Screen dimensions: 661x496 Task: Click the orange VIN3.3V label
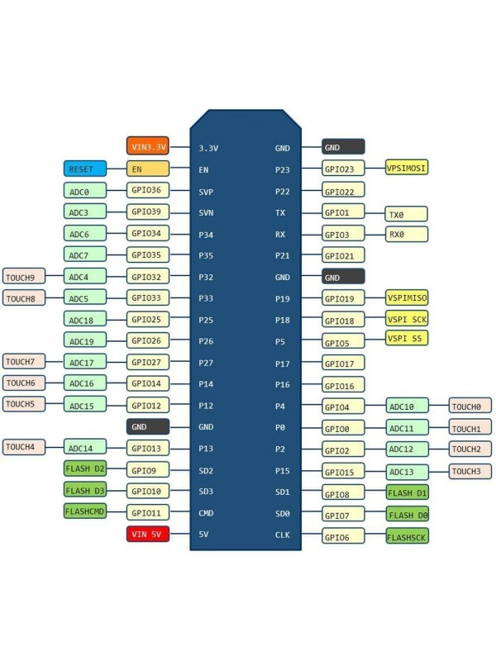[148, 146]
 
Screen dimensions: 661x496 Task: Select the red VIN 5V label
[148, 534]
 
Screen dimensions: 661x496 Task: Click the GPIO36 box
[148, 190]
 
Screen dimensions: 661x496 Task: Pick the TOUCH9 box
[24, 276]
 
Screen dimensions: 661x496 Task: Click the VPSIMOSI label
[407, 168]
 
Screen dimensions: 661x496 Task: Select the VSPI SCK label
[407, 319]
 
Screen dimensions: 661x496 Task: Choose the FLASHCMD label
[84, 511]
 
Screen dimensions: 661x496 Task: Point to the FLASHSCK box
[407, 536]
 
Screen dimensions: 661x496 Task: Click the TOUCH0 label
[470, 406]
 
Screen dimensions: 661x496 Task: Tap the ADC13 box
[407, 472]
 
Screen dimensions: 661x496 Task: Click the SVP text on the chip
[207, 191]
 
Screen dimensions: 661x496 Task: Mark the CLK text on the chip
[282, 535]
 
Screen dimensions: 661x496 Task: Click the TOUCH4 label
[24, 447]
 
